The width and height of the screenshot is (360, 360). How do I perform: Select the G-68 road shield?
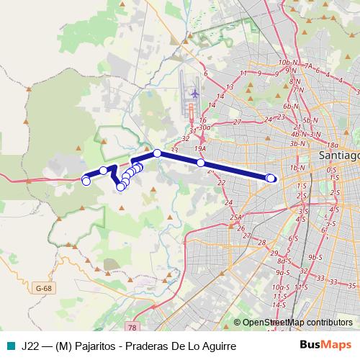point(44,288)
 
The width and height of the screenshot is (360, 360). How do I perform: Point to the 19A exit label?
point(199,148)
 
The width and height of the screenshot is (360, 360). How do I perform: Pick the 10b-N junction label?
point(287,63)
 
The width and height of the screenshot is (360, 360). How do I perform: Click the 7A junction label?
point(307,66)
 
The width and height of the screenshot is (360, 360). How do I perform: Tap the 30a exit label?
point(204,127)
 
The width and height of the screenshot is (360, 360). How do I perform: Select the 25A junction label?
point(235,217)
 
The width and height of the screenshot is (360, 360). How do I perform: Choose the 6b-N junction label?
point(290,107)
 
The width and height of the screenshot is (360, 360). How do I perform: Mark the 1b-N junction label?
point(296,168)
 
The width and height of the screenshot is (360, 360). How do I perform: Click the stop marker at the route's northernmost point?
point(157,153)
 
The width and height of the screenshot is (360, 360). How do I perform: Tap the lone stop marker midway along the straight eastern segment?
point(201,163)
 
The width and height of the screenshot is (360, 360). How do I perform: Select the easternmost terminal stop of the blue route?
point(271,178)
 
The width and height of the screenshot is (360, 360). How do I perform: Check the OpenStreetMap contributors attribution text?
point(297,323)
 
